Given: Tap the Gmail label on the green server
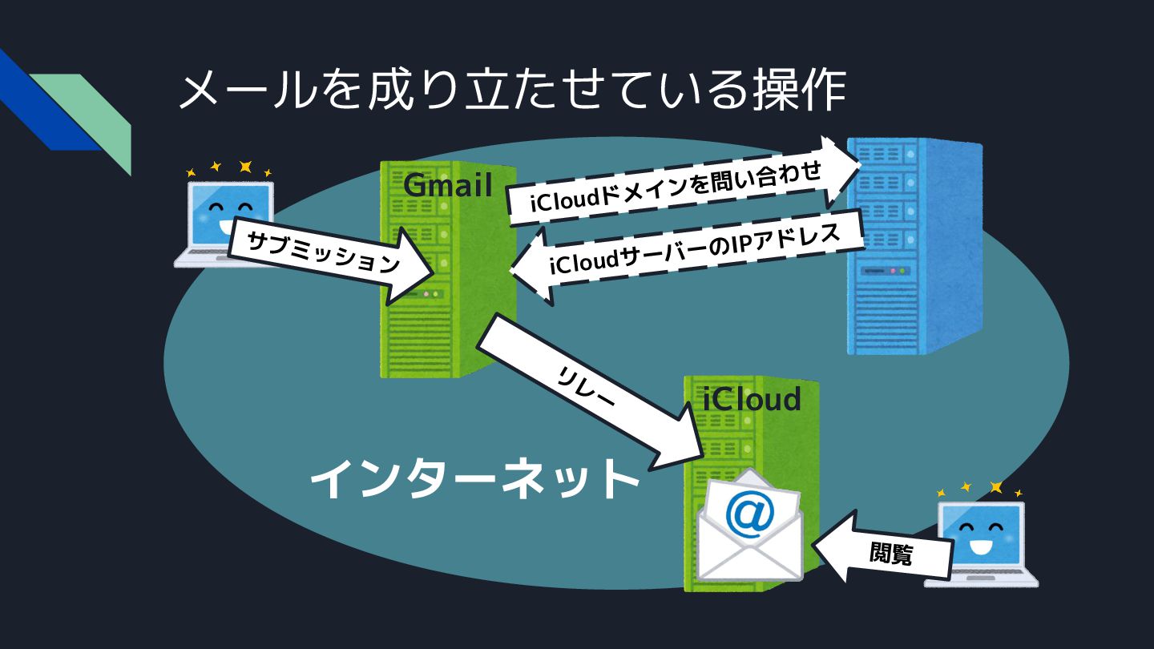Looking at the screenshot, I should pos(447,185).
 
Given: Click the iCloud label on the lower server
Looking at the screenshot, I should pos(752,398).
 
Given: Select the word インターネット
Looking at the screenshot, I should pos(474,478).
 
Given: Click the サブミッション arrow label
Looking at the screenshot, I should pos(323,252).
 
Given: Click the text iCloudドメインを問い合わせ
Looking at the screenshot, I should pos(675,189).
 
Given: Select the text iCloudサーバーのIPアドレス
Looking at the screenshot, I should pos(693,252).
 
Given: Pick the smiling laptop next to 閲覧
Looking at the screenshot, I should pos(982,545).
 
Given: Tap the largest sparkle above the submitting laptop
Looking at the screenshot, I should pos(245,167).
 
